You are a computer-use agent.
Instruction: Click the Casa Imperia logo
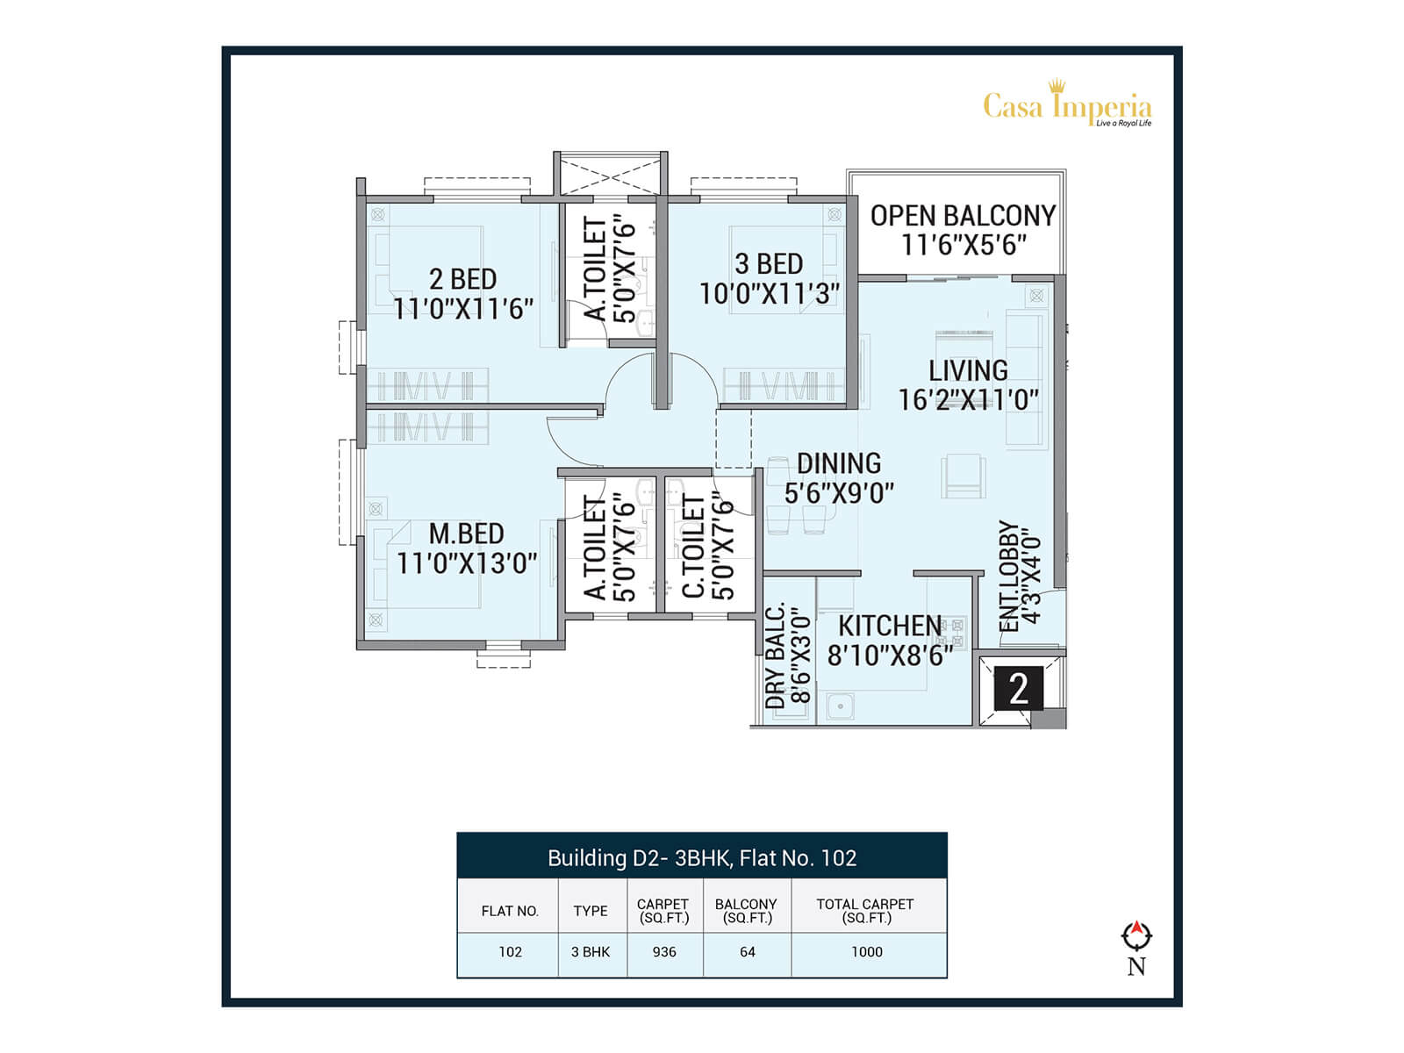coord(1067,104)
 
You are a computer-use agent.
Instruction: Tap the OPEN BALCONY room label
coord(963,216)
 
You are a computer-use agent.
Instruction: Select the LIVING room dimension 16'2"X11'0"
coord(969,400)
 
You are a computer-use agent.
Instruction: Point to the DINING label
coord(839,463)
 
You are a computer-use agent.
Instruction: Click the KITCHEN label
coord(890,626)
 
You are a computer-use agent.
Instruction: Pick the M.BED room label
coord(466,534)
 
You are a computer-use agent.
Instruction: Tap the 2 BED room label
coord(463,279)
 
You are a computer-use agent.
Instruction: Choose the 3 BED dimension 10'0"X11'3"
coord(769,294)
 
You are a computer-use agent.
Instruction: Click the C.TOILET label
coord(693,548)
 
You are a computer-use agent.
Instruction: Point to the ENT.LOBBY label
coord(1009,577)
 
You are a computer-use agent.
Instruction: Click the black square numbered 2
coord(1018,689)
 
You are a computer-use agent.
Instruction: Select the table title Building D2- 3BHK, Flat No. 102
coord(702,857)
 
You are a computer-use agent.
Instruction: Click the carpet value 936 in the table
coord(664,952)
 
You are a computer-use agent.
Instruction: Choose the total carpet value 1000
coord(867,952)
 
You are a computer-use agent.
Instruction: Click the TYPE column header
coord(591,911)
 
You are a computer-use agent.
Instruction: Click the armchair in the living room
coord(963,476)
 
